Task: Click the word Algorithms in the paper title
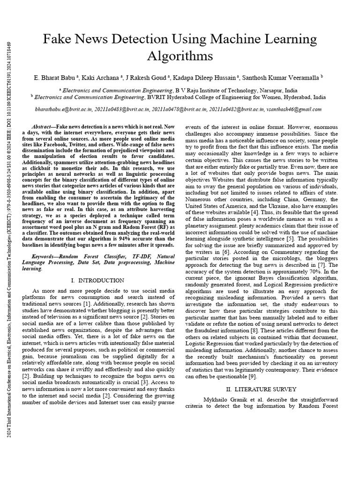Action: coord(180,56)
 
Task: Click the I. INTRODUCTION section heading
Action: coord(97,280)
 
